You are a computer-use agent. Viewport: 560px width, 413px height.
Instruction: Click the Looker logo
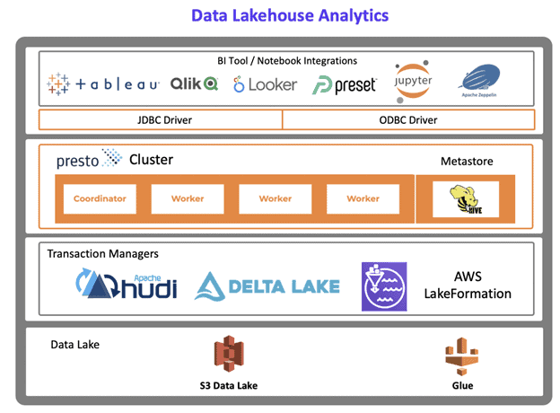coord(265,84)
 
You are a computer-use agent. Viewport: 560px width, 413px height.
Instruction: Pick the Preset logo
coord(345,84)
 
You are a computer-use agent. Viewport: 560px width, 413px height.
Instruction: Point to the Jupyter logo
coord(413,80)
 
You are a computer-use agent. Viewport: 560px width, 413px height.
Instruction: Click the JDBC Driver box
coord(161,119)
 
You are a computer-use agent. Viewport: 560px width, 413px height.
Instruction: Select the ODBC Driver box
coord(408,119)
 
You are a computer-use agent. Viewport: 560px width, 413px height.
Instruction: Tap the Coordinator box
coord(100,198)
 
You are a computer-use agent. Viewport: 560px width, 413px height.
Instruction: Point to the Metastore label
coord(467,161)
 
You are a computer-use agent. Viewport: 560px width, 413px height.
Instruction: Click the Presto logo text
coord(87,160)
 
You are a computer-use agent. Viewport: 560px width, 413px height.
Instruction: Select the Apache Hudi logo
coord(127,286)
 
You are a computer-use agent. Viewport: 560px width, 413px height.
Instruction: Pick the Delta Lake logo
coord(267,286)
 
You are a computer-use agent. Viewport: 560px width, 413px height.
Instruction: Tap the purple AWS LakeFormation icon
coord(384,286)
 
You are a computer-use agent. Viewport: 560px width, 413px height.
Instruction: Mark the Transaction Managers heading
coord(102,254)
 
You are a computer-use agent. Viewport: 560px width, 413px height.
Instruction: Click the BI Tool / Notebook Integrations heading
coord(286,61)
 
